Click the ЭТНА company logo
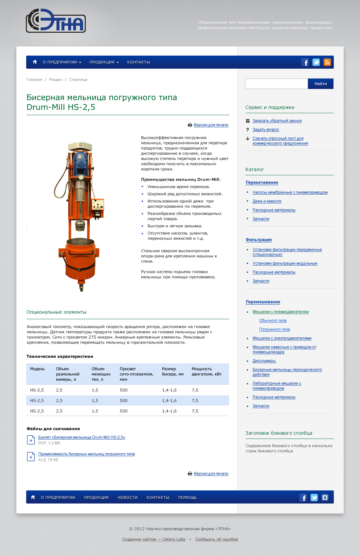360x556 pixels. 56,21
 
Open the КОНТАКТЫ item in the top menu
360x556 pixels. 138,62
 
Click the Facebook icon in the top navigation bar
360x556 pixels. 305,62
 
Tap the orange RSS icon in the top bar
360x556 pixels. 327,62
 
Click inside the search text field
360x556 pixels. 276,84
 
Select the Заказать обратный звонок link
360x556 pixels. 277,121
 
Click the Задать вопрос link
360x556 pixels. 266,130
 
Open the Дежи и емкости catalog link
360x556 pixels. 267,201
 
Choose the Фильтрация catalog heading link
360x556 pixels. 259,240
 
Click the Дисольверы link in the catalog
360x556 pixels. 264,361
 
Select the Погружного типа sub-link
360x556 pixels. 274,329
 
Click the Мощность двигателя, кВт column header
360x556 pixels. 207,372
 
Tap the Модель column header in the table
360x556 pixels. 37,369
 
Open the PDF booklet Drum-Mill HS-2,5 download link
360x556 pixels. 81,437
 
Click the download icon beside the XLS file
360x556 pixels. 31,457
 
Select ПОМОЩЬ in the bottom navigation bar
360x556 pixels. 187,497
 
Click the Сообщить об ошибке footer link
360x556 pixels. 216,539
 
